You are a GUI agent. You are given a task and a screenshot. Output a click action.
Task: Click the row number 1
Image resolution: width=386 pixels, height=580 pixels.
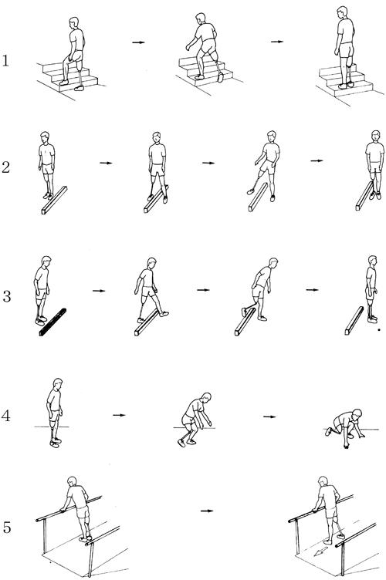(x=5, y=61)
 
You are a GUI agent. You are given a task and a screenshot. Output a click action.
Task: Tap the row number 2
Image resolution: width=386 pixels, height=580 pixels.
(x=5, y=167)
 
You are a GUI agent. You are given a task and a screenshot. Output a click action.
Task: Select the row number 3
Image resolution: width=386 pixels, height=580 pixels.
(x=6, y=296)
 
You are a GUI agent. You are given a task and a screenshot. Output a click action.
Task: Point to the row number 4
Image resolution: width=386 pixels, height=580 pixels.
(x=5, y=416)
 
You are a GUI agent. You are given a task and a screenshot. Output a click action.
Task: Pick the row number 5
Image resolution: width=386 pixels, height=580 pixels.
(x=7, y=527)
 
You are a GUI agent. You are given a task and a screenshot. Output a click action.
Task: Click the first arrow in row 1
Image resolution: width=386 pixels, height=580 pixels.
(x=138, y=42)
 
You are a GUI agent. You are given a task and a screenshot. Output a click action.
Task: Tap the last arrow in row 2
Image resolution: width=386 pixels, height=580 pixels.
(x=317, y=160)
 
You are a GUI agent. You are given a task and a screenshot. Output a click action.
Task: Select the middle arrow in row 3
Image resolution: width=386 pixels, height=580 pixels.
(x=203, y=290)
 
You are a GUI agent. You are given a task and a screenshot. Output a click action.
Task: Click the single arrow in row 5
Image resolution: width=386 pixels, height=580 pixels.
(x=207, y=511)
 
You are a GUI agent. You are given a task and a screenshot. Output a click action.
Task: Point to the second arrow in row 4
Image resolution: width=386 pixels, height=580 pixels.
(x=269, y=416)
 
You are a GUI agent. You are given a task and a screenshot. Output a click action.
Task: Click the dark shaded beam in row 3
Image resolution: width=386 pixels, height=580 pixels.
(x=53, y=322)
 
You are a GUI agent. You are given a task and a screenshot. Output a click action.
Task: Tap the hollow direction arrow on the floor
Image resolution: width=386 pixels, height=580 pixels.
(x=320, y=551)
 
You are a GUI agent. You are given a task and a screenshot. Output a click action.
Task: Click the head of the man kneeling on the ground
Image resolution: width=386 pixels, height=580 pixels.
(x=357, y=413)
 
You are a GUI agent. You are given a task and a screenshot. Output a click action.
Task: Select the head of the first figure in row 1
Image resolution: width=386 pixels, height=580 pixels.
(x=74, y=22)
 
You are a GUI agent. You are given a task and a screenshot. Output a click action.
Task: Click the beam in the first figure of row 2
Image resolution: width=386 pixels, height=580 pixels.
(x=54, y=200)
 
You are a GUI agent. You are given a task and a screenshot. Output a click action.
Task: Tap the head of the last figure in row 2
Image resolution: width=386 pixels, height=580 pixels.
(x=376, y=136)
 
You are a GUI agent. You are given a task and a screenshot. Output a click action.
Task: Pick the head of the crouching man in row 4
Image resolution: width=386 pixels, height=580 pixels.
(x=206, y=398)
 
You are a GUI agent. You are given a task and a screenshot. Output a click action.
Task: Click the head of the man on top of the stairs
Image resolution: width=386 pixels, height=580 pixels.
(x=343, y=12)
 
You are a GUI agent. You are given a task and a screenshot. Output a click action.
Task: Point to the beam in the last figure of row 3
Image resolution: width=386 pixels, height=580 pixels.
(x=354, y=320)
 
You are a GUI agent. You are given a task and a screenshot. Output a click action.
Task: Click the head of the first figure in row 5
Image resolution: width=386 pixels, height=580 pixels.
(x=72, y=482)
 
